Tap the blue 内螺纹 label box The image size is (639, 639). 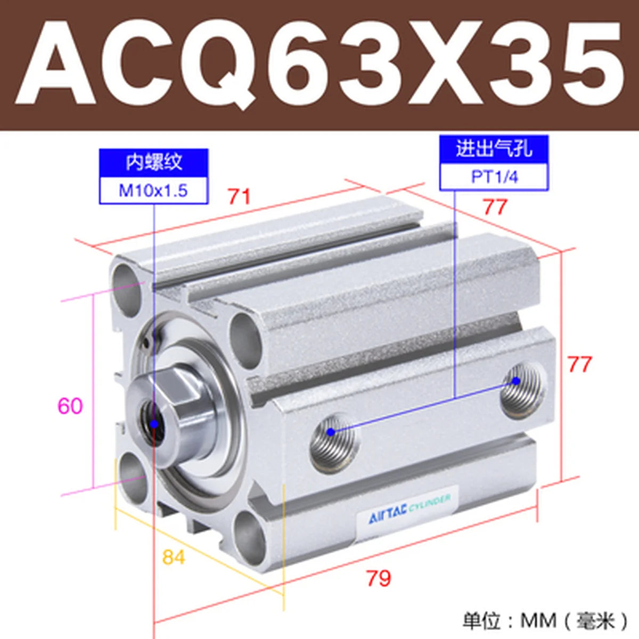tap(153, 163)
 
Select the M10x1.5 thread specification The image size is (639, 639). tap(153, 191)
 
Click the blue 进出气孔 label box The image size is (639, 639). tap(494, 149)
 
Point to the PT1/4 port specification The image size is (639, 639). tap(494, 177)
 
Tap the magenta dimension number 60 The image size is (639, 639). tap(70, 406)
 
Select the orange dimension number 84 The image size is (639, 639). tap(174, 557)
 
